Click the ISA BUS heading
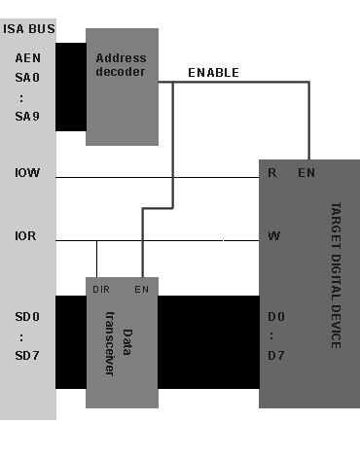pyautogui.click(x=28, y=29)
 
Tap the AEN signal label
pyautogui.click(x=28, y=57)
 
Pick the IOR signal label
pyautogui.click(x=28, y=236)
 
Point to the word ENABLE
pyautogui.click(x=213, y=73)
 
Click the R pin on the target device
pyautogui.click(x=273, y=173)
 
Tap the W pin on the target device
pyautogui.click(x=274, y=235)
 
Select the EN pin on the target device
pyautogui.click(x=306, y=173)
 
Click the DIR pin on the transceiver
pyautogui.click(x=101, y=290)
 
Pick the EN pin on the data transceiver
pyautogui.click(x=141, y=290)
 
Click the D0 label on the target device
pyautogui.click(x=276, y=318)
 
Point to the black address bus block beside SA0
pyautogui.click(x=70, y=88)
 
